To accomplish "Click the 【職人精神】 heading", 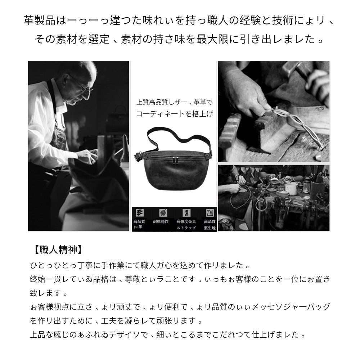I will coord(56,249).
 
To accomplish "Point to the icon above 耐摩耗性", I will coord(163,212).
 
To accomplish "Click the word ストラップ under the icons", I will coord(186,228).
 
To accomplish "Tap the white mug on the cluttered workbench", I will coord(293,188).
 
